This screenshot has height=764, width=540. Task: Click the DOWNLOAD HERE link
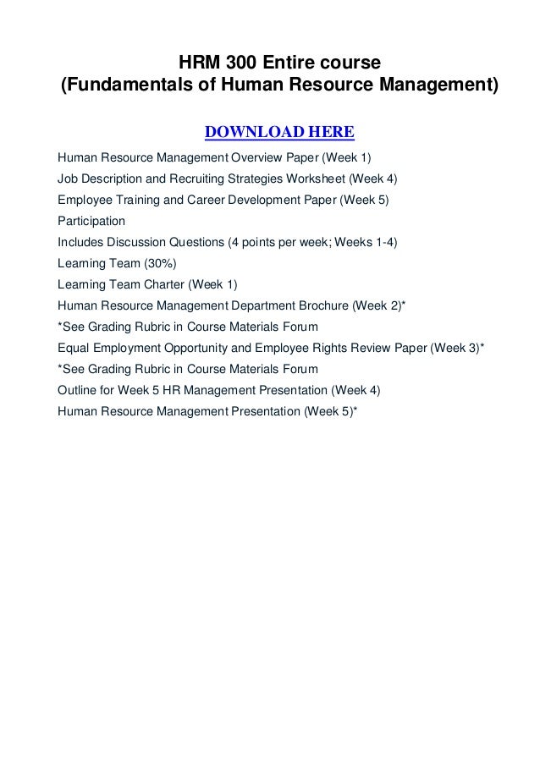(x=279, y=133)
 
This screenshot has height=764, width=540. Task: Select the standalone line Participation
(x=91, y=222)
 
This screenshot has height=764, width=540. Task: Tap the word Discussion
(x=147, y=242)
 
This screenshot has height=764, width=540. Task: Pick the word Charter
(x=159, y=284)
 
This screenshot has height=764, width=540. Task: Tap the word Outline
(x=77, y=390)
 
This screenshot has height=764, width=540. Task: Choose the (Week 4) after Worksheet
(x=373, y=179)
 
